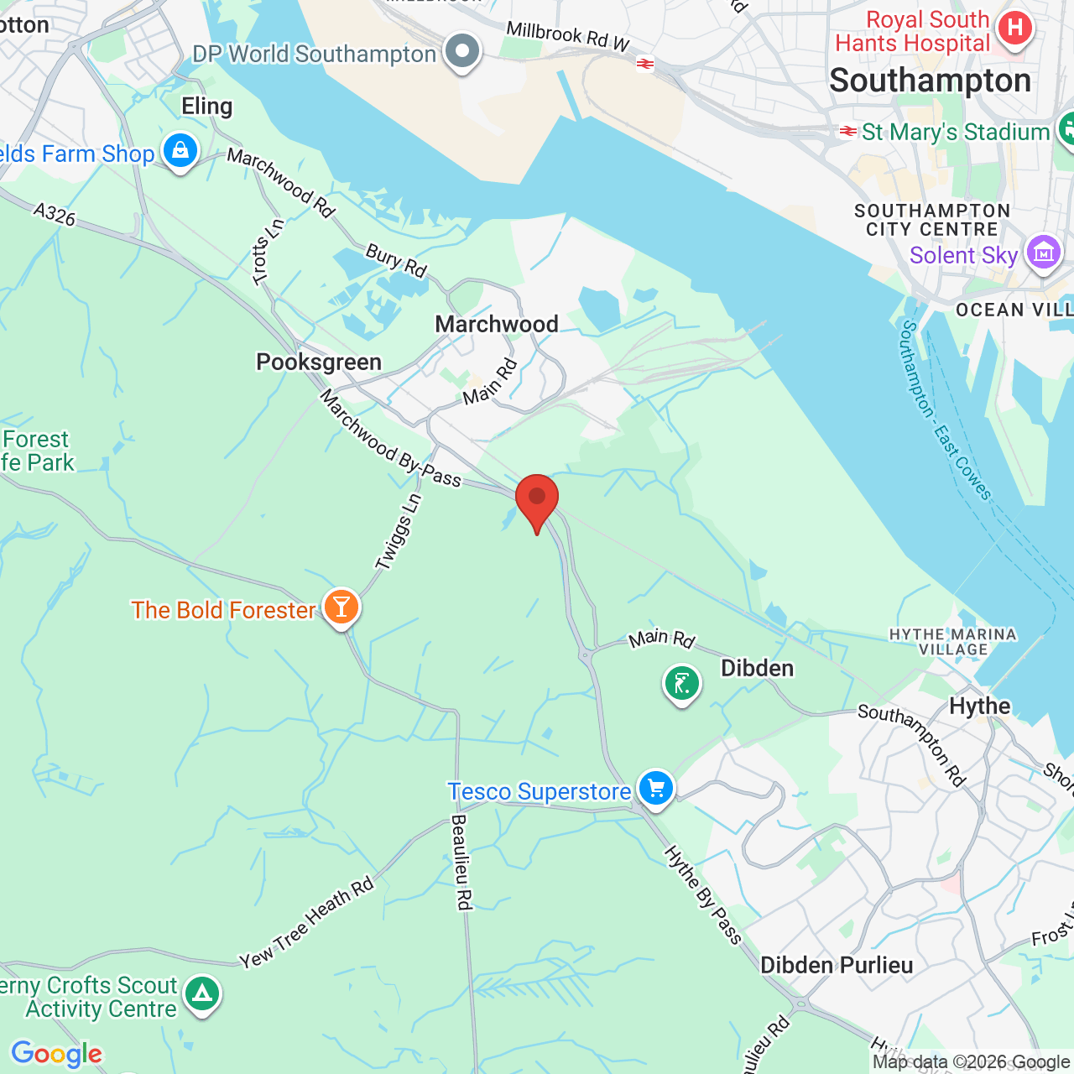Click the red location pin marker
pos(537,498)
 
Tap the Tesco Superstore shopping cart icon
pos(655,789)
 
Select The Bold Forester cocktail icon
pos(341,606)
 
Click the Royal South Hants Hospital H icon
pos(1014,28)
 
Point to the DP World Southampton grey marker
pos(461,51)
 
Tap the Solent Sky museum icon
pos(1043,252)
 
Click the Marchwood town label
pos(497,324)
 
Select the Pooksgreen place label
pos(319,362)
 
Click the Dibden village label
pos(757,668)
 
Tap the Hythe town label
pos(980,706)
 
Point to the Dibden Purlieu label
pos(837,965)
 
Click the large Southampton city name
pos(931,81)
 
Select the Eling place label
pos(207,106)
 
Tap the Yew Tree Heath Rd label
pos(306,923)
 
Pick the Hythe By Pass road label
pos(703,894)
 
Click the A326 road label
pos(55,214)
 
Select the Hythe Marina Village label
pos(953,642)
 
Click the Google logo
pos(56,1054)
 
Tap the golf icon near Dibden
pos(682,683)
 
